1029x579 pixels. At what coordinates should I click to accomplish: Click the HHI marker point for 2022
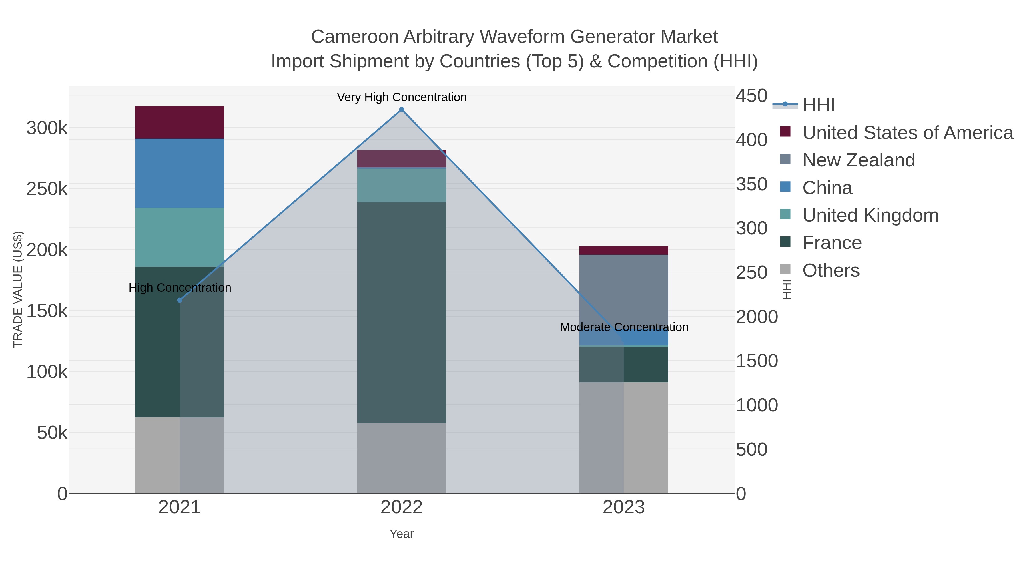coord(402,110)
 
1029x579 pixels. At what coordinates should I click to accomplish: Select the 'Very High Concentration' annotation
coord(402,97)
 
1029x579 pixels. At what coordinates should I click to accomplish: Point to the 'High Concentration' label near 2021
coord(180,287)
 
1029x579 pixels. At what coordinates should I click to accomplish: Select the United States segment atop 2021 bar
coord(180,122)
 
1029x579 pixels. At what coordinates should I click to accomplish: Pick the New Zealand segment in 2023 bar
coord(624,296)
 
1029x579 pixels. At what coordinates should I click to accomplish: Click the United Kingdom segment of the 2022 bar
coord(402,185)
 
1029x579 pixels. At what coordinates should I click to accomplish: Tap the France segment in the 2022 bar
coord(402,312)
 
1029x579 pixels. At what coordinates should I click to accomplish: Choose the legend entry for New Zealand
coord(858,160)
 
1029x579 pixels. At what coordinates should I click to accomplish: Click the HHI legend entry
coord(818,105)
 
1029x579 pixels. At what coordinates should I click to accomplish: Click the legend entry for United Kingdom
coord(870,215)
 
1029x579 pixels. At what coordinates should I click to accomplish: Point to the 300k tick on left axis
coord(47,128)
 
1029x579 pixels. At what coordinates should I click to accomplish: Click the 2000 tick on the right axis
coord(757,317)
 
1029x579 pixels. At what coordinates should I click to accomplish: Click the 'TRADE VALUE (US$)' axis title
coord(18,289)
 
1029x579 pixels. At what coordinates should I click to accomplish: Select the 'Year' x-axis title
coord(402,534)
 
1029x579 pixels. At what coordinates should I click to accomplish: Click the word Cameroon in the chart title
coord(355,37)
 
